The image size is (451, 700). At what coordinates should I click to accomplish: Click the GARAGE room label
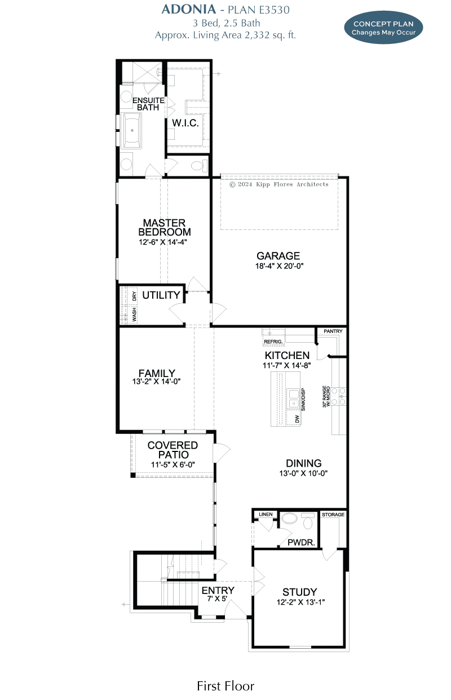click(x=278, y=256)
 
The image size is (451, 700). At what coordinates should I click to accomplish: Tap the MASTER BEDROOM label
click(x=164, y=228)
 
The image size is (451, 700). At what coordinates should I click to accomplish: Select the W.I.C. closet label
click(x=185, y=123)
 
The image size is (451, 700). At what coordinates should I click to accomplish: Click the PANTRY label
click(x=333, y=331)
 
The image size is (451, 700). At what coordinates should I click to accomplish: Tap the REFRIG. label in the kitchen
click(x=273, y=342)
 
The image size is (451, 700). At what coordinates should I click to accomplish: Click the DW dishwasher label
click(x=297, y=419)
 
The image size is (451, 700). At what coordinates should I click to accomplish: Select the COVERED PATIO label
click(x=173, y=450)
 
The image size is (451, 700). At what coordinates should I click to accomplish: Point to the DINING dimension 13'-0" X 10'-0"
click(x=304, y=473)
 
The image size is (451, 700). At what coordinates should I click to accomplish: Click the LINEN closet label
click(x=265, y=515)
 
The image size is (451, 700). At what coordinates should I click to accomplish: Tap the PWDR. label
click(x=297, y=543)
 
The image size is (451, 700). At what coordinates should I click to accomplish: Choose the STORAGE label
click(x=333, y=515)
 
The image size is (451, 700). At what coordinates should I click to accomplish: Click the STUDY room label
click(x=299, y=592)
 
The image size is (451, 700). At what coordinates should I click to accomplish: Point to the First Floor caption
click(x=225, y=686)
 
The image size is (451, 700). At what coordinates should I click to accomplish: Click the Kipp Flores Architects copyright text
click(x=278, y=184)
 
